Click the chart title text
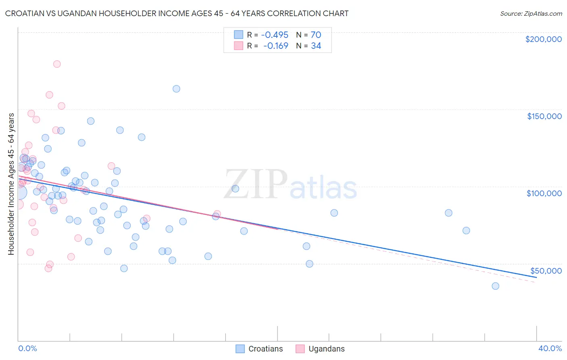[x=177, y=13]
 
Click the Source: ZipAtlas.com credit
[x=531, y=13]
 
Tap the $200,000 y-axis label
[x=543, y=39]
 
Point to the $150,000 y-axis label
[x=544, y=116]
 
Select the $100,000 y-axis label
[x=544, y=193]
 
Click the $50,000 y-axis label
[x=546, y=270]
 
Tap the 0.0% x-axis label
[x=27, y=348]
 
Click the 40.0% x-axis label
[x=550, y=348]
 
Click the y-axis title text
[x=11, y=184]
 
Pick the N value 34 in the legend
[x=316, y=46]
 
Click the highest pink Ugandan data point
[x=57, y=64]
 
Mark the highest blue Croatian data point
[x=176, y=89]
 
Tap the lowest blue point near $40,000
[x=495, y=286]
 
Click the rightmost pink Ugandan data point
[x=217, y=214]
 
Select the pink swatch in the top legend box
[x=238, y=46]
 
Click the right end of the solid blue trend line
[x=536, y=277]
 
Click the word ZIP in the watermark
[x=255, y=184]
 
